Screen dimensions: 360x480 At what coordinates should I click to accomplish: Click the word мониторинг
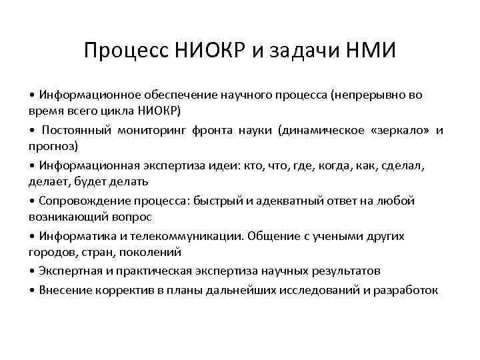(x=156, y=131)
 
